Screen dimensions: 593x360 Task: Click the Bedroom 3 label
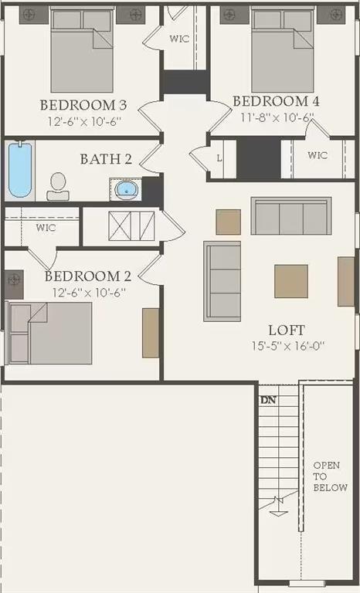click(83, 105)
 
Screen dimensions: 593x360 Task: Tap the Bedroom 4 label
click(276, 101)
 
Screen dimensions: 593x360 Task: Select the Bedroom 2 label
click(87, 276)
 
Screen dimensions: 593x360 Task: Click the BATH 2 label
click(106, 159)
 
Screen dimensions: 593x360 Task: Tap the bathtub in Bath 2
click(20, 170)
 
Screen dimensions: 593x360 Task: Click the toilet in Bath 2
click(58, 186)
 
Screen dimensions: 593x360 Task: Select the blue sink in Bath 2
click(125, 188)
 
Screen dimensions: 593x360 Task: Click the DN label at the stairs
click(268, 400)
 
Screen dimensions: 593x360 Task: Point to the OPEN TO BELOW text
click(330, 476)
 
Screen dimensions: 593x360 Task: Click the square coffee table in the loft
click(291, 281)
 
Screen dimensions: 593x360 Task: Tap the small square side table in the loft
click(228, 222)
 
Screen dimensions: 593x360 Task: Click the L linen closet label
click(220, 158)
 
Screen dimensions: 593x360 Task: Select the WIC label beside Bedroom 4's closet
click(317, 155)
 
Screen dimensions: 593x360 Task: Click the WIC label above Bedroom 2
click(46, 228)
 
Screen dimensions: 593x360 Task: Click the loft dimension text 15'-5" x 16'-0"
click(287, 347)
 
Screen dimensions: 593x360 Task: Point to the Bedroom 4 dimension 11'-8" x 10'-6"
click(275, 118)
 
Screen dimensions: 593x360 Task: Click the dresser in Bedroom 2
click(150, 333)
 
